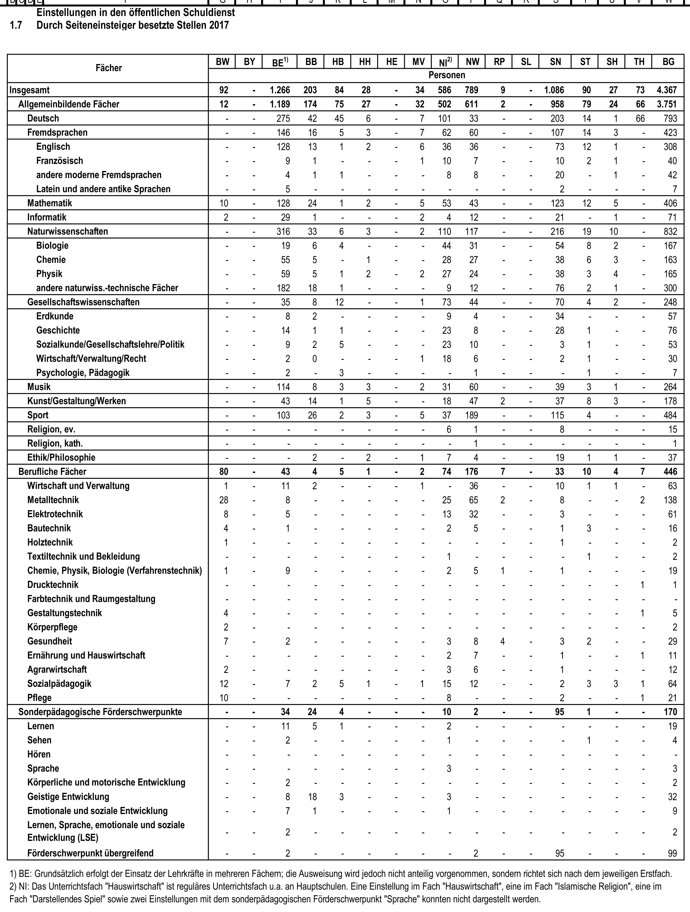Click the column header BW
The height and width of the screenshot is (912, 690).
[222, 62]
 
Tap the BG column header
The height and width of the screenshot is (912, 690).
[668, 62]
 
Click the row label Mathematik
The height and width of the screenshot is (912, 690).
[49, 203]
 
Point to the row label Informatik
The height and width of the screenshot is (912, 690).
[47, 217]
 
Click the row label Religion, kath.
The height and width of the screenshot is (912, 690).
[55, 444]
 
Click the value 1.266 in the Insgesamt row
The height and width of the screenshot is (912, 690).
[280, 90]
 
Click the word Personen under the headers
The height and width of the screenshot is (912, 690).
[447, 75]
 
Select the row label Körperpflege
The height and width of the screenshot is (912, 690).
[52, 627]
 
